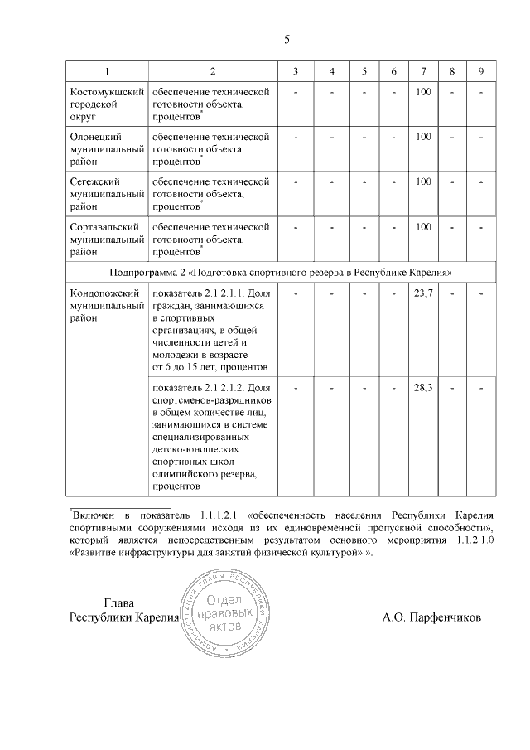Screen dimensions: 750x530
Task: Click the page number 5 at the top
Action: (287, 39)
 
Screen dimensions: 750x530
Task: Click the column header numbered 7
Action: (423, 70)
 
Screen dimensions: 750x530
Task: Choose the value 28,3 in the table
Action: (423, 388)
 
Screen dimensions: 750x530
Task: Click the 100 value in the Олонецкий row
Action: (423, 136)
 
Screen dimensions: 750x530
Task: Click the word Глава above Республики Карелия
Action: (118, 602)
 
